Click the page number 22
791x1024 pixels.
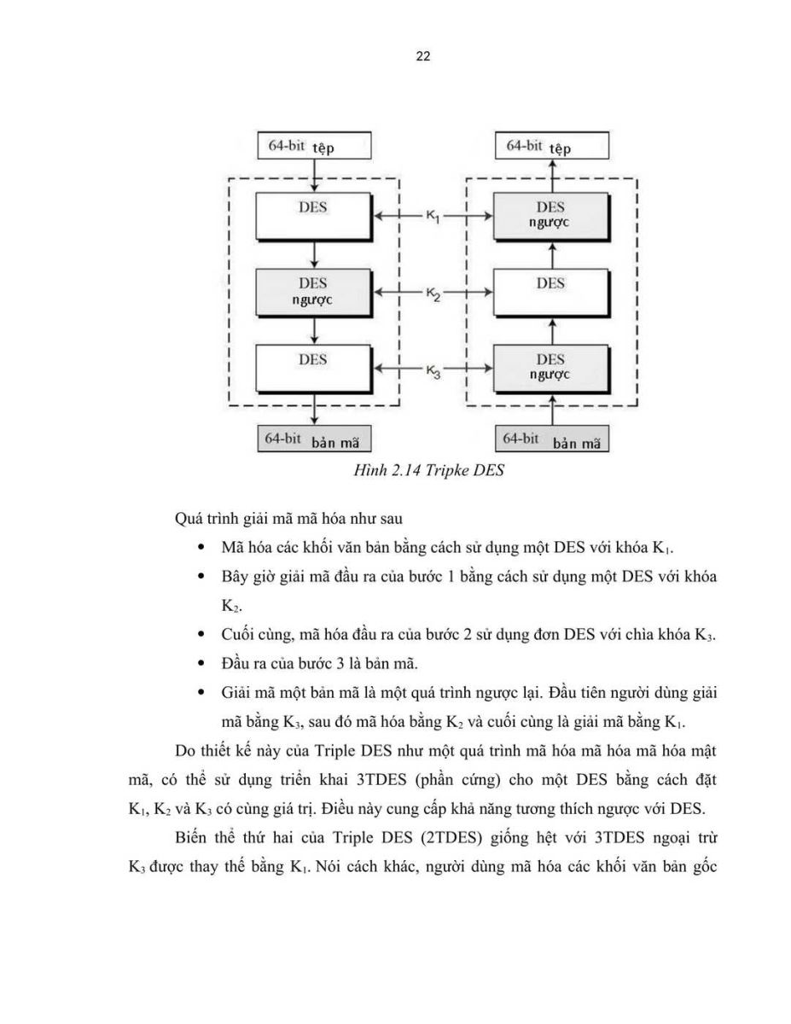click(x=422, y=56)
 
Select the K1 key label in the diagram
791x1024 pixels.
click(x=433, y=216)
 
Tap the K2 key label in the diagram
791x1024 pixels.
click(x=433, y=294)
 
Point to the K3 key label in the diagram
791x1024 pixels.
click(x=433, y=371)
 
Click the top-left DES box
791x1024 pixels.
click(x=314, y=216)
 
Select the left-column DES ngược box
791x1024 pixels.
click(x=314, y=293)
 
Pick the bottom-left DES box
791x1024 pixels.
click(x=314, y=369)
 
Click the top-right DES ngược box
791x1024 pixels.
click(x=552, y=216)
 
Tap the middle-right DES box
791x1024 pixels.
click(x=552, y=293)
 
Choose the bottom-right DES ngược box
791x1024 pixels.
click(x=552, y=369)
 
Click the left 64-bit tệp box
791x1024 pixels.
click(x=314, y=145)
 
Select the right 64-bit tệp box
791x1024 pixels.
click(x=552, y=145)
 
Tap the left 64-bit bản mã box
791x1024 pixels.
click(x=314, y=439)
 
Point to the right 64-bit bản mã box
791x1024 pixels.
click(x=552, y=439)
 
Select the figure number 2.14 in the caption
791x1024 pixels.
click(x=405, y=470)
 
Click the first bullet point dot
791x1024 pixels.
click(x=201, y=548)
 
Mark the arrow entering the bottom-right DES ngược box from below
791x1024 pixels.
click(x=553, y=410)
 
